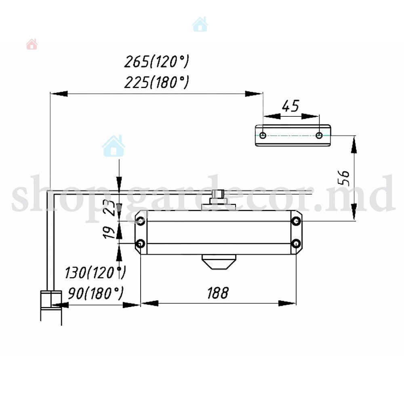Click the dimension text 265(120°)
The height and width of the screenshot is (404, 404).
point(157,61)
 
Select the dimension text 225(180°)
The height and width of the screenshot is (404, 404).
point(157,82)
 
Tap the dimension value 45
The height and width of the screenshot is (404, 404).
point(290,105)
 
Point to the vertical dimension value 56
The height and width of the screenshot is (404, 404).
point(344,178)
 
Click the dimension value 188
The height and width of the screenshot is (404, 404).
point(218,293)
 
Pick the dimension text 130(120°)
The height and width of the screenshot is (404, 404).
point(95,273)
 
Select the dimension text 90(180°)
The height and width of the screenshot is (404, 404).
point(96,293)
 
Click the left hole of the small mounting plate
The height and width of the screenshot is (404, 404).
point(263,135)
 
